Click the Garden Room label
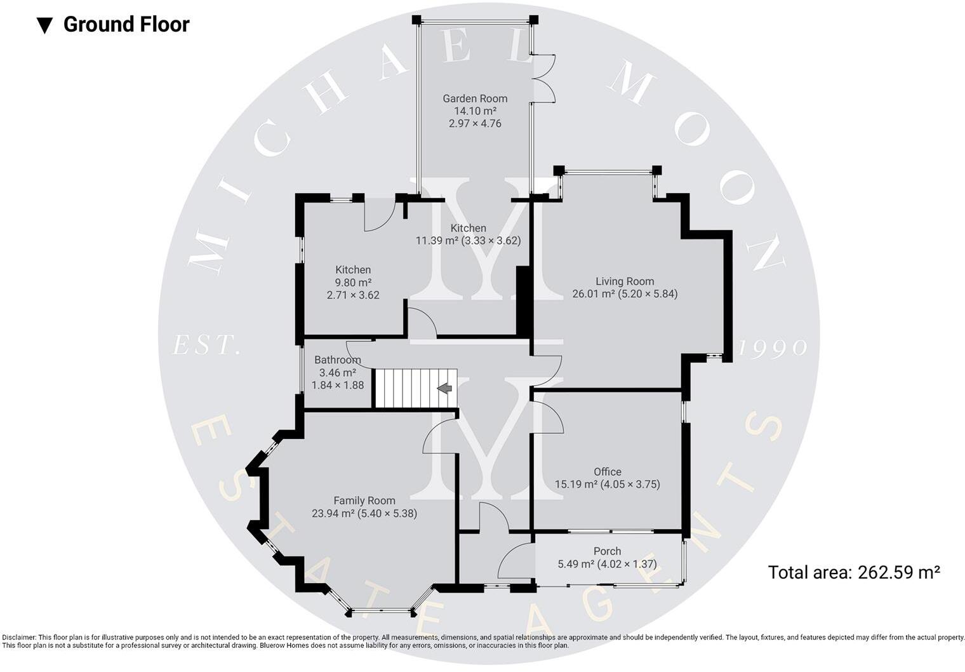(x=475, y=98)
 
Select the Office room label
(x=607, y=472)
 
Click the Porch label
(x=607, y=551)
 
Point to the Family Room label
(x=364, y=501)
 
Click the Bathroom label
(x=337, y=360)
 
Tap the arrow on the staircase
(x=444, y=388)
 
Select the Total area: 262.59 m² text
(x=853, y=572)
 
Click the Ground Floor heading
(x=126, y=25)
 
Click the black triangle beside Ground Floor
(x=44, y=25)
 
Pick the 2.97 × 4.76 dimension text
(x=475, y=123)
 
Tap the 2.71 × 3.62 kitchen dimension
(x=353, y=295)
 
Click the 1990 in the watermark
(x=773, y=348)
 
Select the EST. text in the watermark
(x=207, y=346)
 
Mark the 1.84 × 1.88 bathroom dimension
(x=337, y=385)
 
